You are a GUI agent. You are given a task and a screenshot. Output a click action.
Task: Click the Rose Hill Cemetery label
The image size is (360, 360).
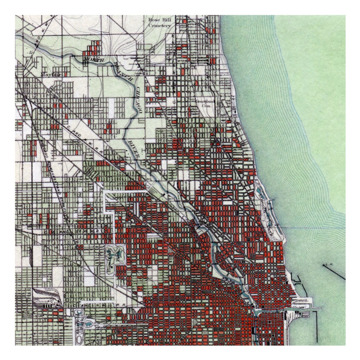click(x=160, y=22)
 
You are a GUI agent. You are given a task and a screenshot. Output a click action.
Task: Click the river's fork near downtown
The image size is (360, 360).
click(x=253, y=311)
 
